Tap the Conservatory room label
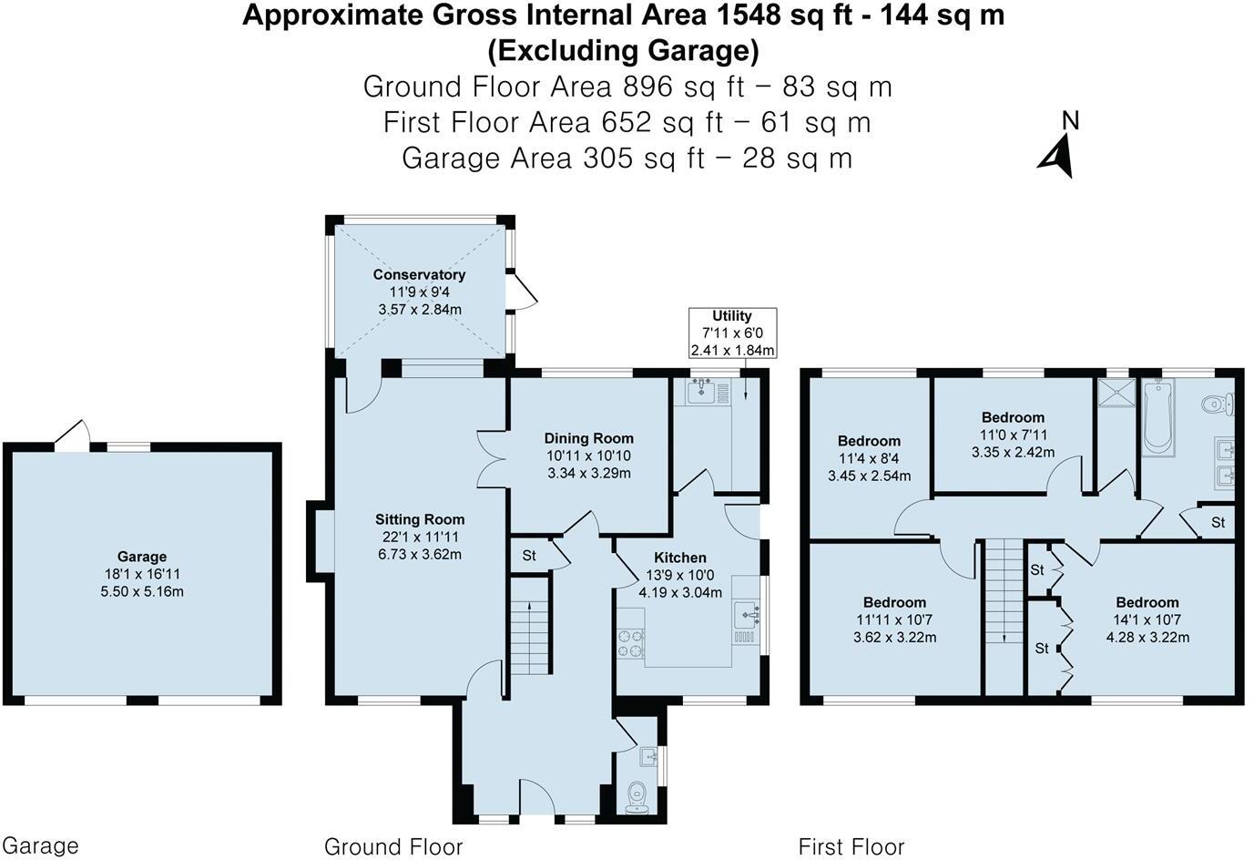click(419, 275)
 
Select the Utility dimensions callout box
click(732, 333)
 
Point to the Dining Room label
click(588, 439)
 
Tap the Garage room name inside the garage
click(142, 557)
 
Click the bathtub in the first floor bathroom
click(1157, 417)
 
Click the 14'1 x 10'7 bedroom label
click(1147, 603)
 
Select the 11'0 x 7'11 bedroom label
click(1013, 418)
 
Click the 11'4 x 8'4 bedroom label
click(869, 441)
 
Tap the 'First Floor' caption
click(851, 847)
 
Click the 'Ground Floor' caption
click(393, 847)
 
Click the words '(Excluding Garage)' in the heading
click(623, 50)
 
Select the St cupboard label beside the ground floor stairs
click(529, 556)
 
